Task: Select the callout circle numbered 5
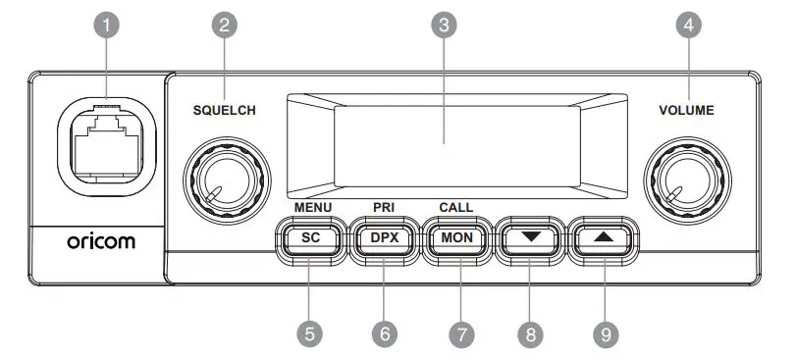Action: click(x=310, y=334)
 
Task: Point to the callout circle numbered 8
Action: click(x=531, y=334)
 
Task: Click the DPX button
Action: click(x=385, y=237)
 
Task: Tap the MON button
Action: click(x=457, y=237)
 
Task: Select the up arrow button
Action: click(x=604, y=237)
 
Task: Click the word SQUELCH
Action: click(x=224, y=111)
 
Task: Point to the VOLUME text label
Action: click(x=686, y=111)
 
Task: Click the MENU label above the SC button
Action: click(x=313, y=208)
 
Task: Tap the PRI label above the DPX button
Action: click(x=384, y=208)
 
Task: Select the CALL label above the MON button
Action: click(x=456, y=208)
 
